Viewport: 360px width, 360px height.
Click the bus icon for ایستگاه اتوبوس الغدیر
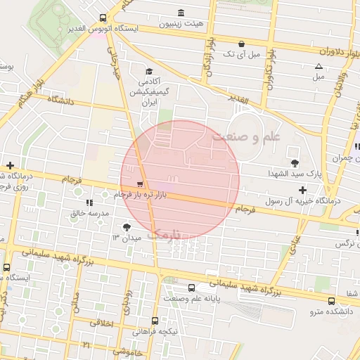coord(103,18)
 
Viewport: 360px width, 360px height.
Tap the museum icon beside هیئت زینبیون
coord(182,12)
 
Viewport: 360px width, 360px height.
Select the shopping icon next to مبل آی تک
coord(242,43)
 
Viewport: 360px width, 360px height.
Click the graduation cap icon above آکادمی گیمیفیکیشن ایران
coord(149,71)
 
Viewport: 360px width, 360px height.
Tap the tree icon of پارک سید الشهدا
coord(294,162)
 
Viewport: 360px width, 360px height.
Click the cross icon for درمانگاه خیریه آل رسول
coord(302,190)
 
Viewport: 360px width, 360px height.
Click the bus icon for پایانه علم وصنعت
coord(192,288)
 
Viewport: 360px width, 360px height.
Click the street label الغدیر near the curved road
coord(239,101)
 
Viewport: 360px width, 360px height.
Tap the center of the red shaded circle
coord(180,180)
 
